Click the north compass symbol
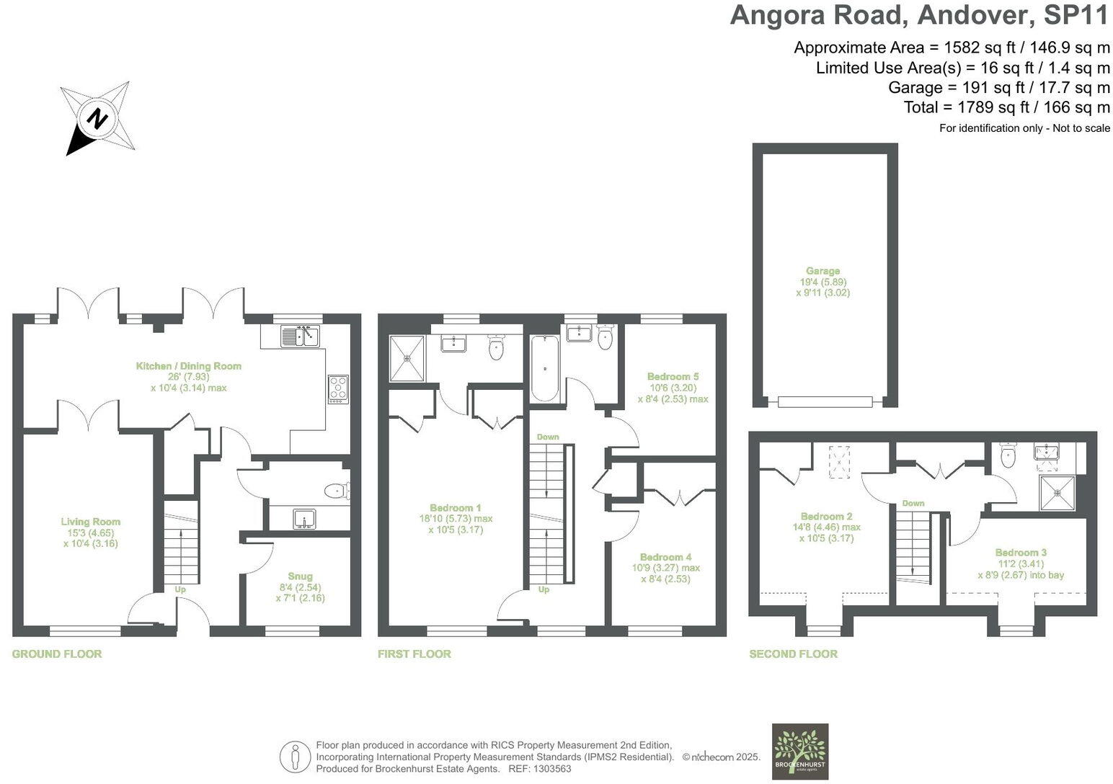pos(97,117)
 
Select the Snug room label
pos(300,576)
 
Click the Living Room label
pos(90,522)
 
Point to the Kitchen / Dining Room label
pos(189,366)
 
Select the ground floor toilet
pos(336,491)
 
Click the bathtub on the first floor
pos(544,368)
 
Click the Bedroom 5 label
pos(673,376)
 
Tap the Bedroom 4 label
pos(665,557)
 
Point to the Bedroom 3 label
pos(1021,553)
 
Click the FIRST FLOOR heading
pos(414,654)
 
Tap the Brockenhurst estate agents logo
pos(800,752)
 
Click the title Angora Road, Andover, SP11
pos(920,15)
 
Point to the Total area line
pos(1006,107)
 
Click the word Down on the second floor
pos(913,503)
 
